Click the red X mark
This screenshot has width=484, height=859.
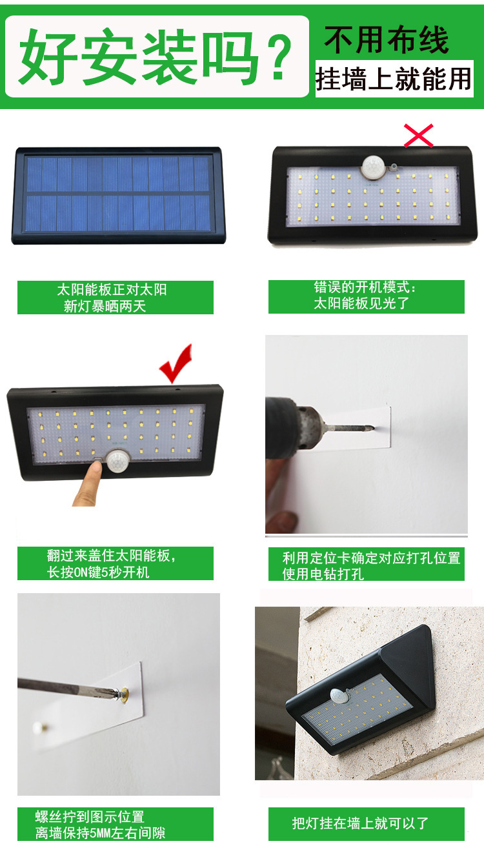[x=418, y=136]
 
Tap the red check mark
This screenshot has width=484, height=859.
[x=176, y=363]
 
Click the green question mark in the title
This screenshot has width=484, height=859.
[x=279, y=57]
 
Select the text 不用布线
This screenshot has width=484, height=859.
[x=387, y=39]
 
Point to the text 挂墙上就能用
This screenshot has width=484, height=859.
[x=394, y=79]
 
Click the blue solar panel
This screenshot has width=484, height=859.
[x=119, y=194]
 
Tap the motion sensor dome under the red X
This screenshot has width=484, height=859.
[x=373, y=167]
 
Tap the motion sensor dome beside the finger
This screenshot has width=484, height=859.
[x=117, y=461]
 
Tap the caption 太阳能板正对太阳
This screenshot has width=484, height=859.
[x=112, y=290]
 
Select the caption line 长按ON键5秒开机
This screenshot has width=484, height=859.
[x=98, y=572]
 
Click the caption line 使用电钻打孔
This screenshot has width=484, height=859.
[x=323, y=574]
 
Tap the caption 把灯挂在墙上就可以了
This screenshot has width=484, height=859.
[x=359, y=824]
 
